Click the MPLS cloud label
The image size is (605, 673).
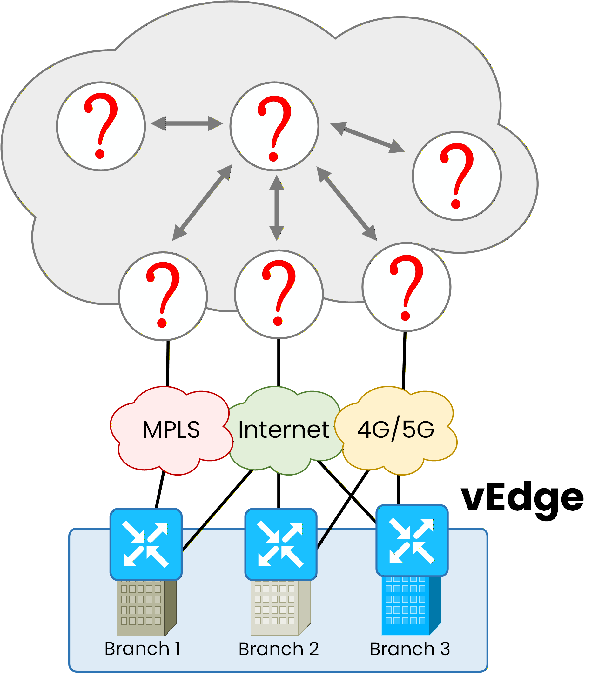[x=171, y=430]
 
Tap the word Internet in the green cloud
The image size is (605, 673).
[x=284, y=430]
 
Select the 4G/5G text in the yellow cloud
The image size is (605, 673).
[x=396, y=430]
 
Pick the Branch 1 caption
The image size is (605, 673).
[x=142, y=649]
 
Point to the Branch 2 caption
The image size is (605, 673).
[x=279, y=649]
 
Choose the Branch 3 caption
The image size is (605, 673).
[x=410, y=649]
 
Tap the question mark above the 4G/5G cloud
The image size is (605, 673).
[x=406, y=287]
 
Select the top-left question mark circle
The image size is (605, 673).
[x=101, y=126]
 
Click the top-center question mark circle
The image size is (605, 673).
[x=274, y=126]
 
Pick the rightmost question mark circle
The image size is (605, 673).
[x=457, y=176]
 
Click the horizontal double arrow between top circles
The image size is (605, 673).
[x=187, y=123]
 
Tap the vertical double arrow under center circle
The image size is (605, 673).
[x=277, y=208]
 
